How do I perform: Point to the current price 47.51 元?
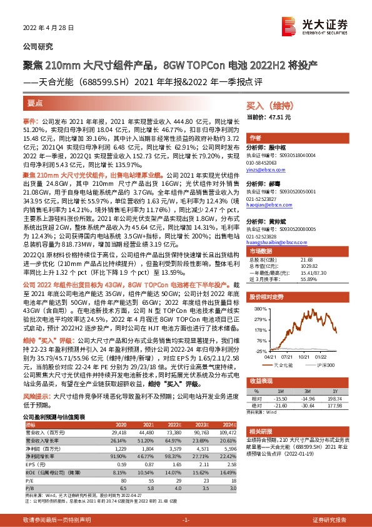[269, 117]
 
